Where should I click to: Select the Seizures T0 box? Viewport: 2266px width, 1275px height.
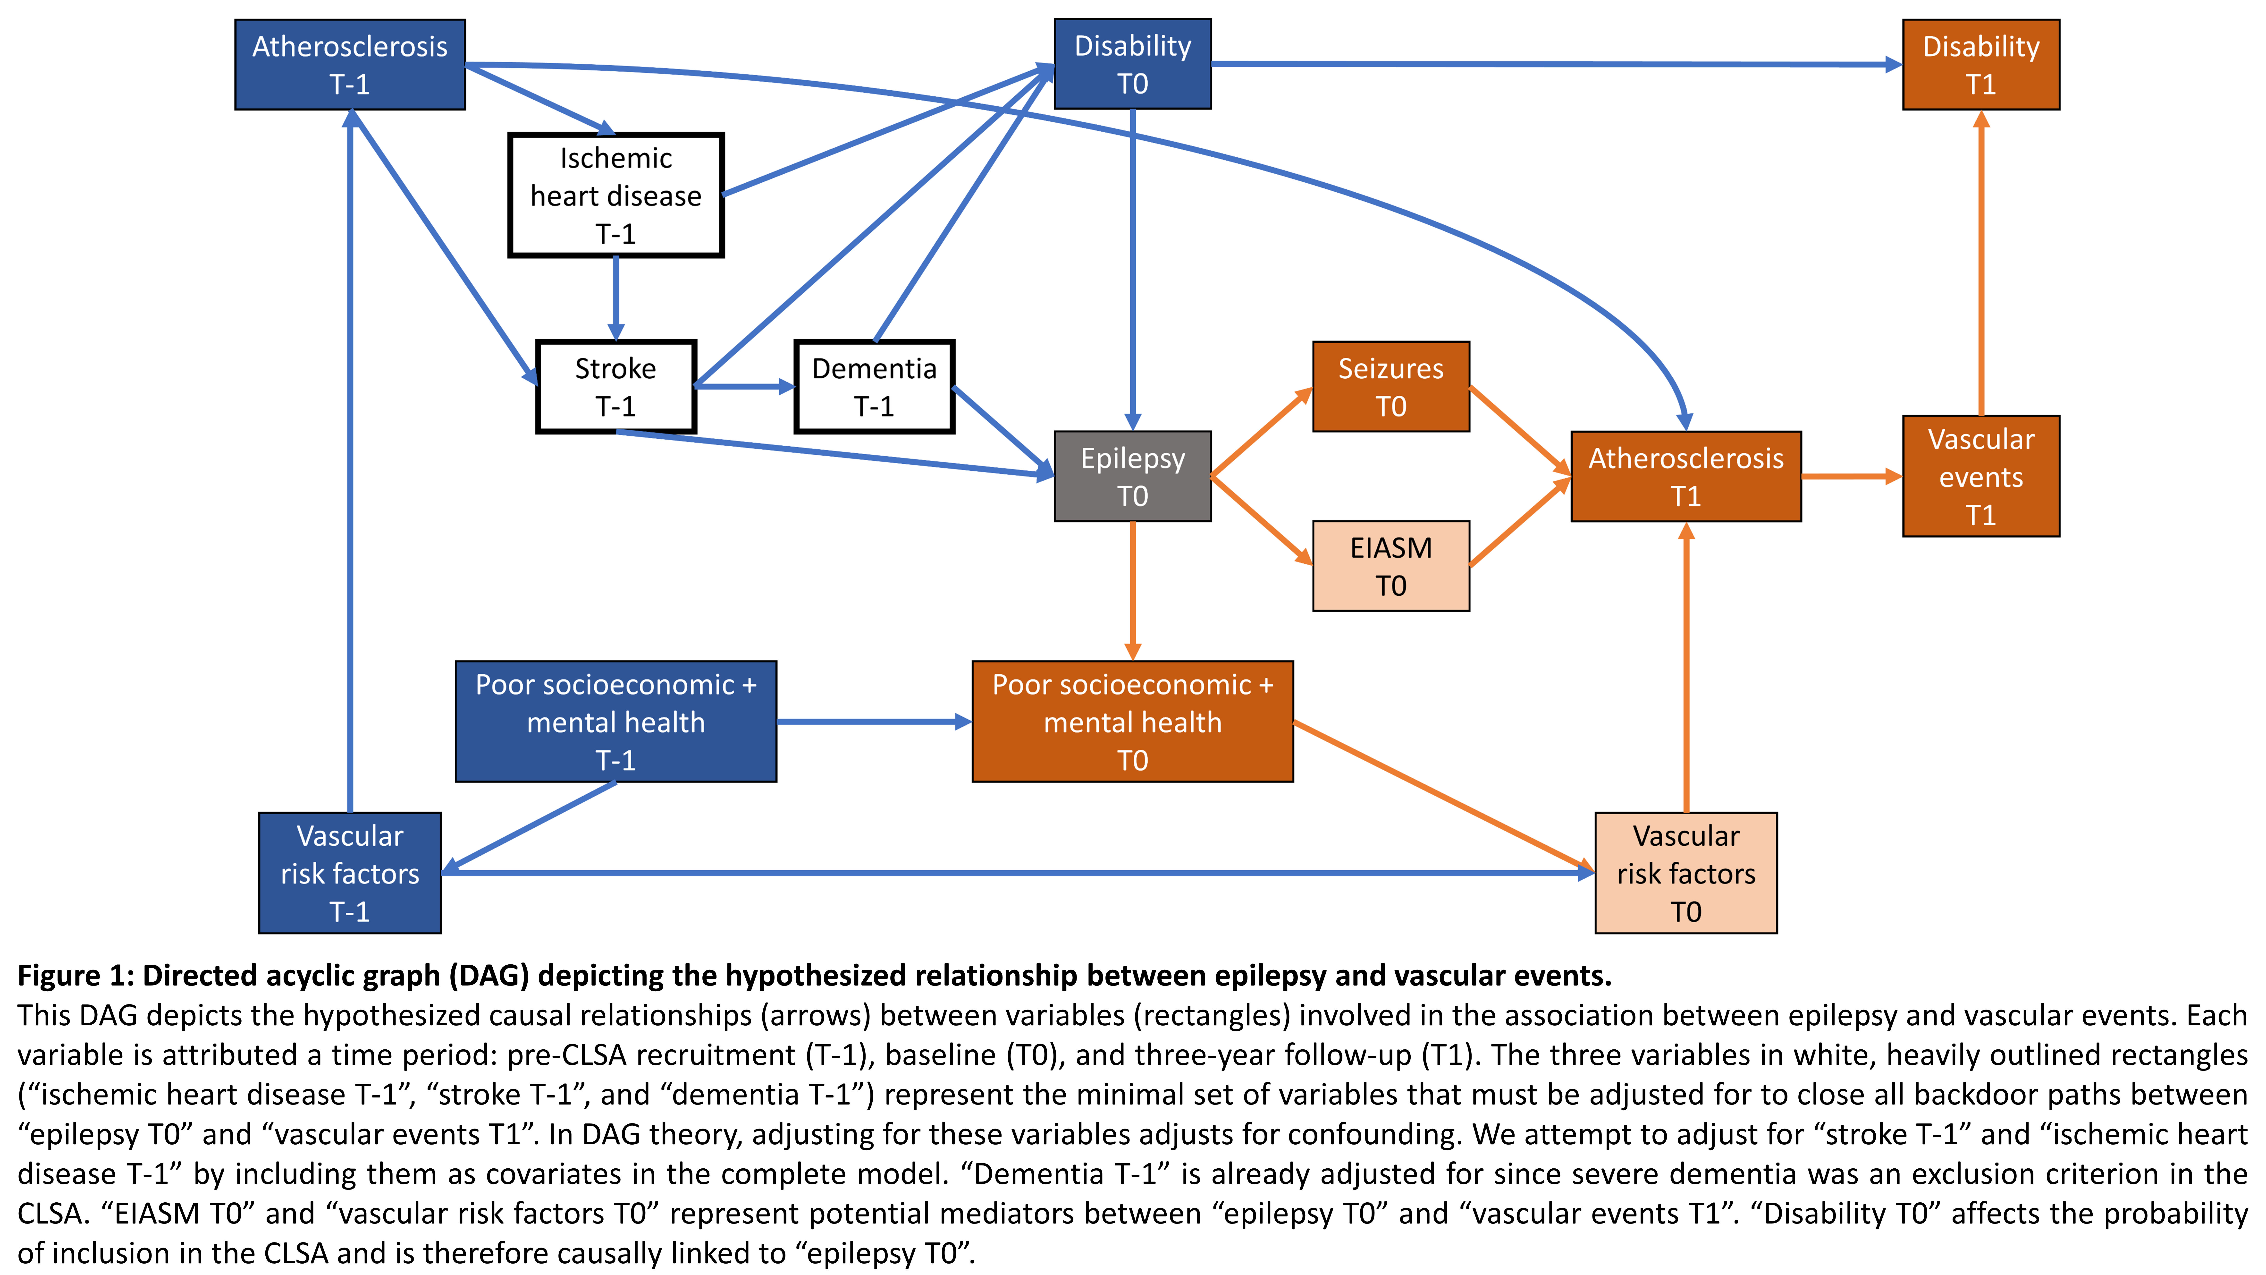click(x=1391, y=386)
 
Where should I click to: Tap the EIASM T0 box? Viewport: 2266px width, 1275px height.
click(x=1391, y=566)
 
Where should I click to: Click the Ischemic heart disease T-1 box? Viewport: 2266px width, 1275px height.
click(x=616, y=195)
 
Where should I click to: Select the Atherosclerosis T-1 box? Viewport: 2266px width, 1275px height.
click(x=350, y=64)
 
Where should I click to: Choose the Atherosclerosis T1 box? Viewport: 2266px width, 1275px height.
click(x=1685, y=476)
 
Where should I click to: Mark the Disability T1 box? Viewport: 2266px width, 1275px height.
click(x=1981, y=64)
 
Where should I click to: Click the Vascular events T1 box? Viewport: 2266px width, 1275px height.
click(x=1981, y=476)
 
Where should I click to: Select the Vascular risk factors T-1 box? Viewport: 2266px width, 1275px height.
click(x=350, y=873)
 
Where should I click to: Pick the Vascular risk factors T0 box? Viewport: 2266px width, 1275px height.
click(x=1685, y=873)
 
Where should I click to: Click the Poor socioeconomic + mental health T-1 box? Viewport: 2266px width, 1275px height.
click(x=616, y=722)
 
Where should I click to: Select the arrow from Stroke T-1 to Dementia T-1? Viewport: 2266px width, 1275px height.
click(x=745, y=386)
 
